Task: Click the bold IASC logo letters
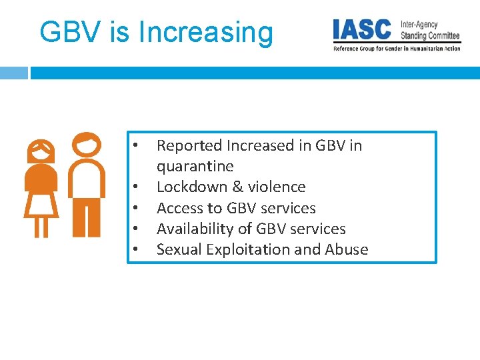[363, 29]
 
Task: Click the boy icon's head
[87, 143]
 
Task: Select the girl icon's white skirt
[41, 203]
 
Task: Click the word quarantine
[195, 166]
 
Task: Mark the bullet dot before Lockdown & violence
[135, 187]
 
